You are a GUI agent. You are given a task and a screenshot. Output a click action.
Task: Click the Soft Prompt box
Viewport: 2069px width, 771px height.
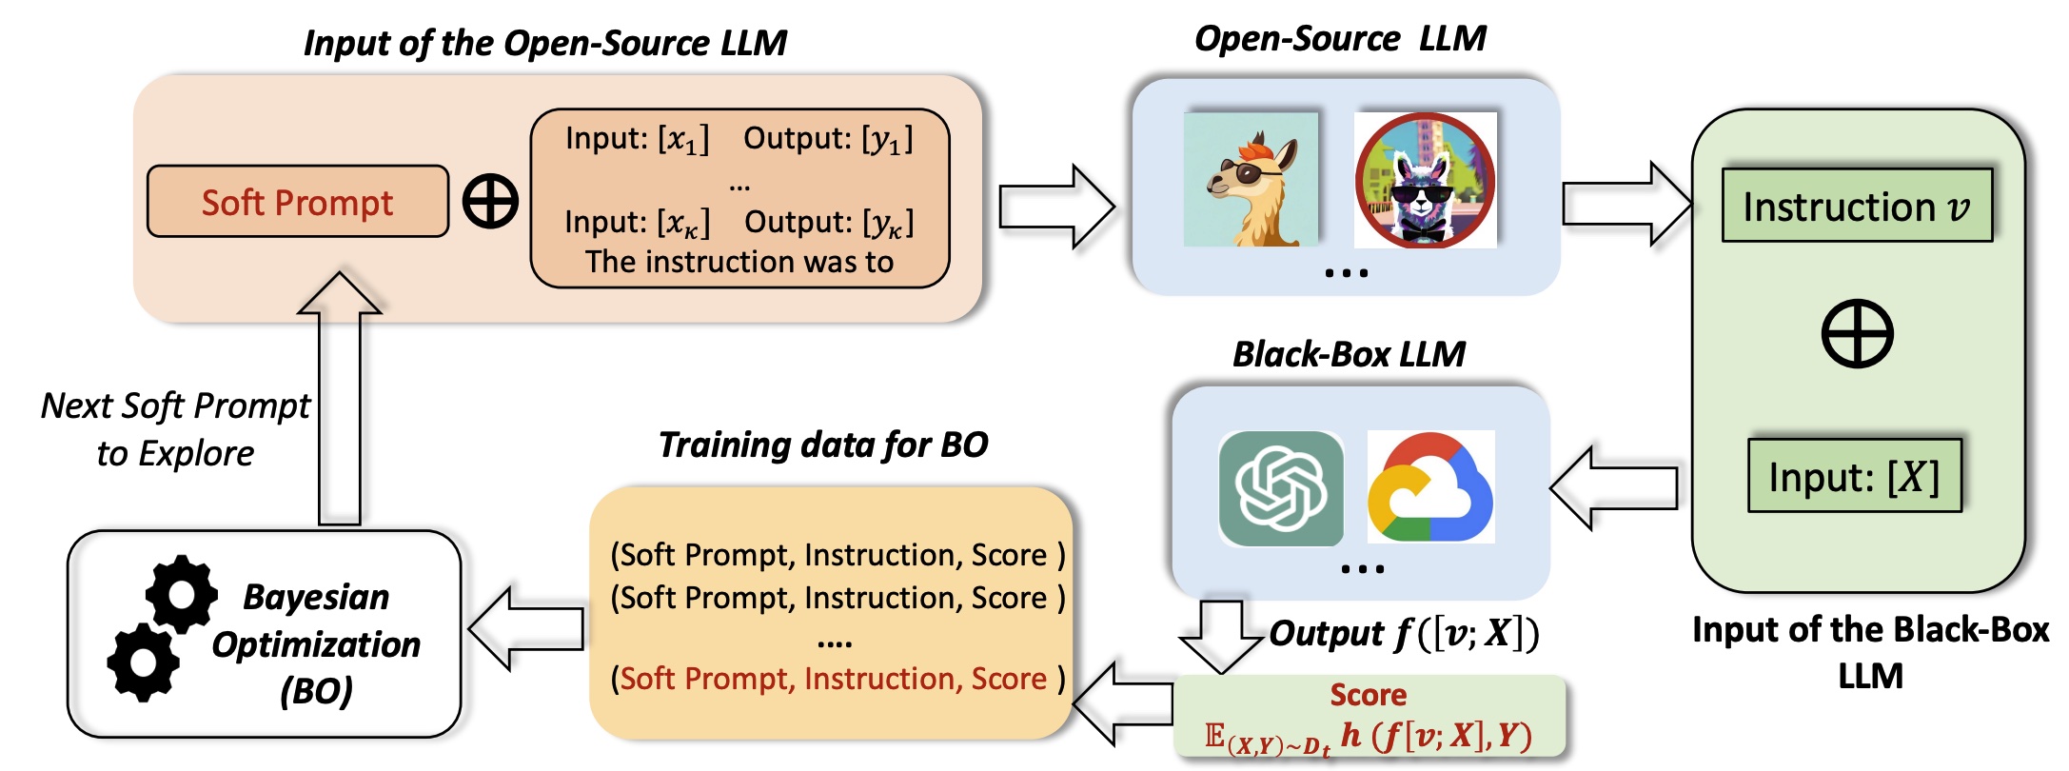(298, 201)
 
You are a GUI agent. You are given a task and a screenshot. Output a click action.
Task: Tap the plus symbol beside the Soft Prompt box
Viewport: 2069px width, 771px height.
(490, 201)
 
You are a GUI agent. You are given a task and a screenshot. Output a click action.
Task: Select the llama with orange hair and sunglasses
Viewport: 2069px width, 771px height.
(1251, 180)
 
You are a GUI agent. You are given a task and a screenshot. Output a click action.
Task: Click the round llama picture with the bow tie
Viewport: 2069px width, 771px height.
(1426, 180)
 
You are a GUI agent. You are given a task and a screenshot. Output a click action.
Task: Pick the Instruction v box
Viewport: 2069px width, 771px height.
(1857, 206)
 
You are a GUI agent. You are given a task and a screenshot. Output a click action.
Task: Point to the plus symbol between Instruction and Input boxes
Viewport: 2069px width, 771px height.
(1857, 333)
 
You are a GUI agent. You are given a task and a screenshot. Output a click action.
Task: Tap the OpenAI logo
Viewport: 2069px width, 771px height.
(1281, 488)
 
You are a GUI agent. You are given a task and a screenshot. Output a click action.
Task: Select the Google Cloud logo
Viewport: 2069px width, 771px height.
(1430, 488)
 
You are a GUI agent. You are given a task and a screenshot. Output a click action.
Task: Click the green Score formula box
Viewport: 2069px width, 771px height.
(1369, 717)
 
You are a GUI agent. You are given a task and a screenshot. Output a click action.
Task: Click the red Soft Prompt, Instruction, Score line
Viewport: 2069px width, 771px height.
(837, 679)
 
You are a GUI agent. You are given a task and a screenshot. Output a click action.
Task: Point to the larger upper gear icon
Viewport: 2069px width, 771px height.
(181, 592)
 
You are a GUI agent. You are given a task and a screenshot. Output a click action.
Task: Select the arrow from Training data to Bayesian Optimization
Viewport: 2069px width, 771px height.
(526, 628)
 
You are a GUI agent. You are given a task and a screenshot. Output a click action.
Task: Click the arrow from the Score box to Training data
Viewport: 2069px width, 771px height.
(1124, 703)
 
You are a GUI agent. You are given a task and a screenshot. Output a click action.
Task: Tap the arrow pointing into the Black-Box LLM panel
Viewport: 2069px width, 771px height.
(1614, 488)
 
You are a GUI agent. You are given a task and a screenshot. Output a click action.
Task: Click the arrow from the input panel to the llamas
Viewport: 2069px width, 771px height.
(1057, 207)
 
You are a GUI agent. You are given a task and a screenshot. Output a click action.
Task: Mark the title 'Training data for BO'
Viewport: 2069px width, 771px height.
(823, 445)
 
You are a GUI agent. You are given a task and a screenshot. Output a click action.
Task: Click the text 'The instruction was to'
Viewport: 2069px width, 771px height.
(739, 262)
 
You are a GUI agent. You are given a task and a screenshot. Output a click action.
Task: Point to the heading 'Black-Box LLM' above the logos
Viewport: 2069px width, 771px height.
(1349, 354)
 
